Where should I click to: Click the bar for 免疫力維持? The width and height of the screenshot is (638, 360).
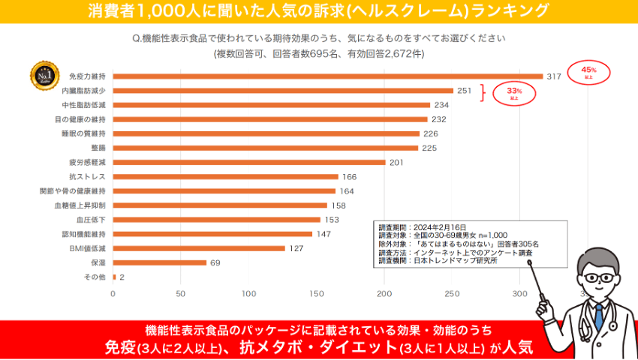click(327, 76)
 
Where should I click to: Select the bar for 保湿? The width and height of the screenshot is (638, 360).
click(159, 262)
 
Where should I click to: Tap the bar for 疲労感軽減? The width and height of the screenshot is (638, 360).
click(248, 162)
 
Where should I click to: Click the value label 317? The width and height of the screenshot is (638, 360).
click(554, 76)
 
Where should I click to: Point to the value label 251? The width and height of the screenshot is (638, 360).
click(465, 90)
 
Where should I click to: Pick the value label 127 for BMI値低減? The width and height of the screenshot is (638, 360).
click(296, 248)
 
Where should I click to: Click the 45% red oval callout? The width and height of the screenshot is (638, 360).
click(588, 72)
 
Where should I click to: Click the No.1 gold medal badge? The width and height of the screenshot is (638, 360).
click(44, 75)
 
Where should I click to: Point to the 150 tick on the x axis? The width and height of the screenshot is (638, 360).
click(316, 294)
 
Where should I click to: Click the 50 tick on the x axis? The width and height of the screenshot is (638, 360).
click(180, 294)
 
